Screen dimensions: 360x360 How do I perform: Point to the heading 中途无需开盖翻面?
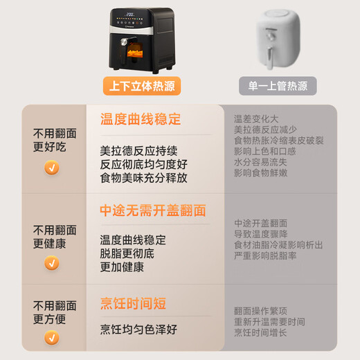tap(153, 210)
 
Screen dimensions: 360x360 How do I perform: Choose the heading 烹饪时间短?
tap(133, 303)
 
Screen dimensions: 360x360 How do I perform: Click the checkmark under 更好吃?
tap(52, 168)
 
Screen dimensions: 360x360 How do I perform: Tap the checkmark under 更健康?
tap(52, 263)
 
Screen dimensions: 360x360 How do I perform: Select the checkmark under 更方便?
tap(52, 338)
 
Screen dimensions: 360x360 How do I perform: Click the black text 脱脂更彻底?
tap(127, 253)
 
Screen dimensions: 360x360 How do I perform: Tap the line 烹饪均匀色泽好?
tap(138, 330)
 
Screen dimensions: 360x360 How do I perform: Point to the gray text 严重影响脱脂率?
tap(265, 255)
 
